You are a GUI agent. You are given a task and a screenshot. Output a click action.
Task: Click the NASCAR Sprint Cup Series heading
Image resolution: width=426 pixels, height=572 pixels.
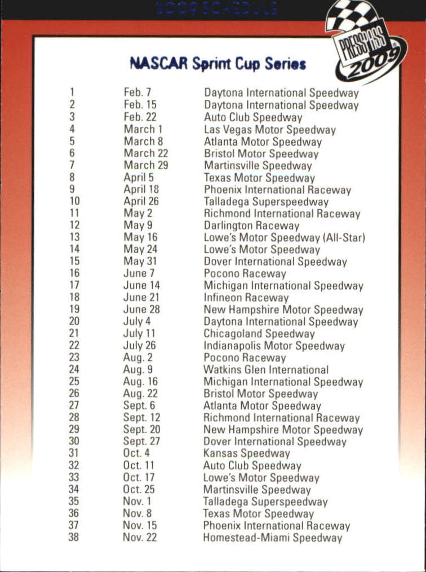click(218, 63)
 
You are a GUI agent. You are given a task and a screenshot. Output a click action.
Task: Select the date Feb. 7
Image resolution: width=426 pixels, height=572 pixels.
click(137, 92)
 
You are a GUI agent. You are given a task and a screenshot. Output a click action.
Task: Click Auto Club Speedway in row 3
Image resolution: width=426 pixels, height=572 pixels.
click(253, 117)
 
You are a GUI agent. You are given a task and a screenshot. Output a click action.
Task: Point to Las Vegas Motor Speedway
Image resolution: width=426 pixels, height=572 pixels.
click(269, 130)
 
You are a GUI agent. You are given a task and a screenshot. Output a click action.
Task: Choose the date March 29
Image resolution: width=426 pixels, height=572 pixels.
click(145, 165)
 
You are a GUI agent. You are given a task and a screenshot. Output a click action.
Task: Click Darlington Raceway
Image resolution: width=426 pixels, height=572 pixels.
click(251, 226)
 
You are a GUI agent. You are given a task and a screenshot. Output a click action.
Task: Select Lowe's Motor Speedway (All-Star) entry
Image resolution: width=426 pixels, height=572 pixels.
click(284, 237)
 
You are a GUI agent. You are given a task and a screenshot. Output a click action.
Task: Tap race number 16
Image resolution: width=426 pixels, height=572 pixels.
click(74, 274)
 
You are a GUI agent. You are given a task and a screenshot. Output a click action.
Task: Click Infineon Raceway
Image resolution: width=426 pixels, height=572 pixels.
click(246, 298)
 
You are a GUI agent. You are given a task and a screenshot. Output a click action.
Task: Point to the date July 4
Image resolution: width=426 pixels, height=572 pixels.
click(137, 322)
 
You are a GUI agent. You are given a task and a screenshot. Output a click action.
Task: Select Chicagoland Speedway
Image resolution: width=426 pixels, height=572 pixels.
click(259, 333)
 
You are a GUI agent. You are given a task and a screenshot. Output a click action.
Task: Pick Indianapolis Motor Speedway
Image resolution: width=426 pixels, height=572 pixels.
click(273, 346)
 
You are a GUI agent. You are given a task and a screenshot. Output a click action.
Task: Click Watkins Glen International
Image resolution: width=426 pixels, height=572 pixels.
click(266, 370)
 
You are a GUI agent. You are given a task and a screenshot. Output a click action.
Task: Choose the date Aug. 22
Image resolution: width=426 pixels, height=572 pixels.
click(140, 394)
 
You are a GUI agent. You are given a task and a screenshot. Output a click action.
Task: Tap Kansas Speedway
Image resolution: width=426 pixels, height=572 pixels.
click(246, 454)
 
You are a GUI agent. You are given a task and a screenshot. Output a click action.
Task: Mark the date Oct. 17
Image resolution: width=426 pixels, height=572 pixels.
click(139, 477)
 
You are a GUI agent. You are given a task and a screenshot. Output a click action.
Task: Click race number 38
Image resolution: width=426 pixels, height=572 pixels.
click(74, 537)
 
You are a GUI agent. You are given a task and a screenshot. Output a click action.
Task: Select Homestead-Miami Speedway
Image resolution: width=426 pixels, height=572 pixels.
click(272, 538)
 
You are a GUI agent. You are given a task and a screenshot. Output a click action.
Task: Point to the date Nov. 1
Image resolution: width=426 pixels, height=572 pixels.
click(137, 501)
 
